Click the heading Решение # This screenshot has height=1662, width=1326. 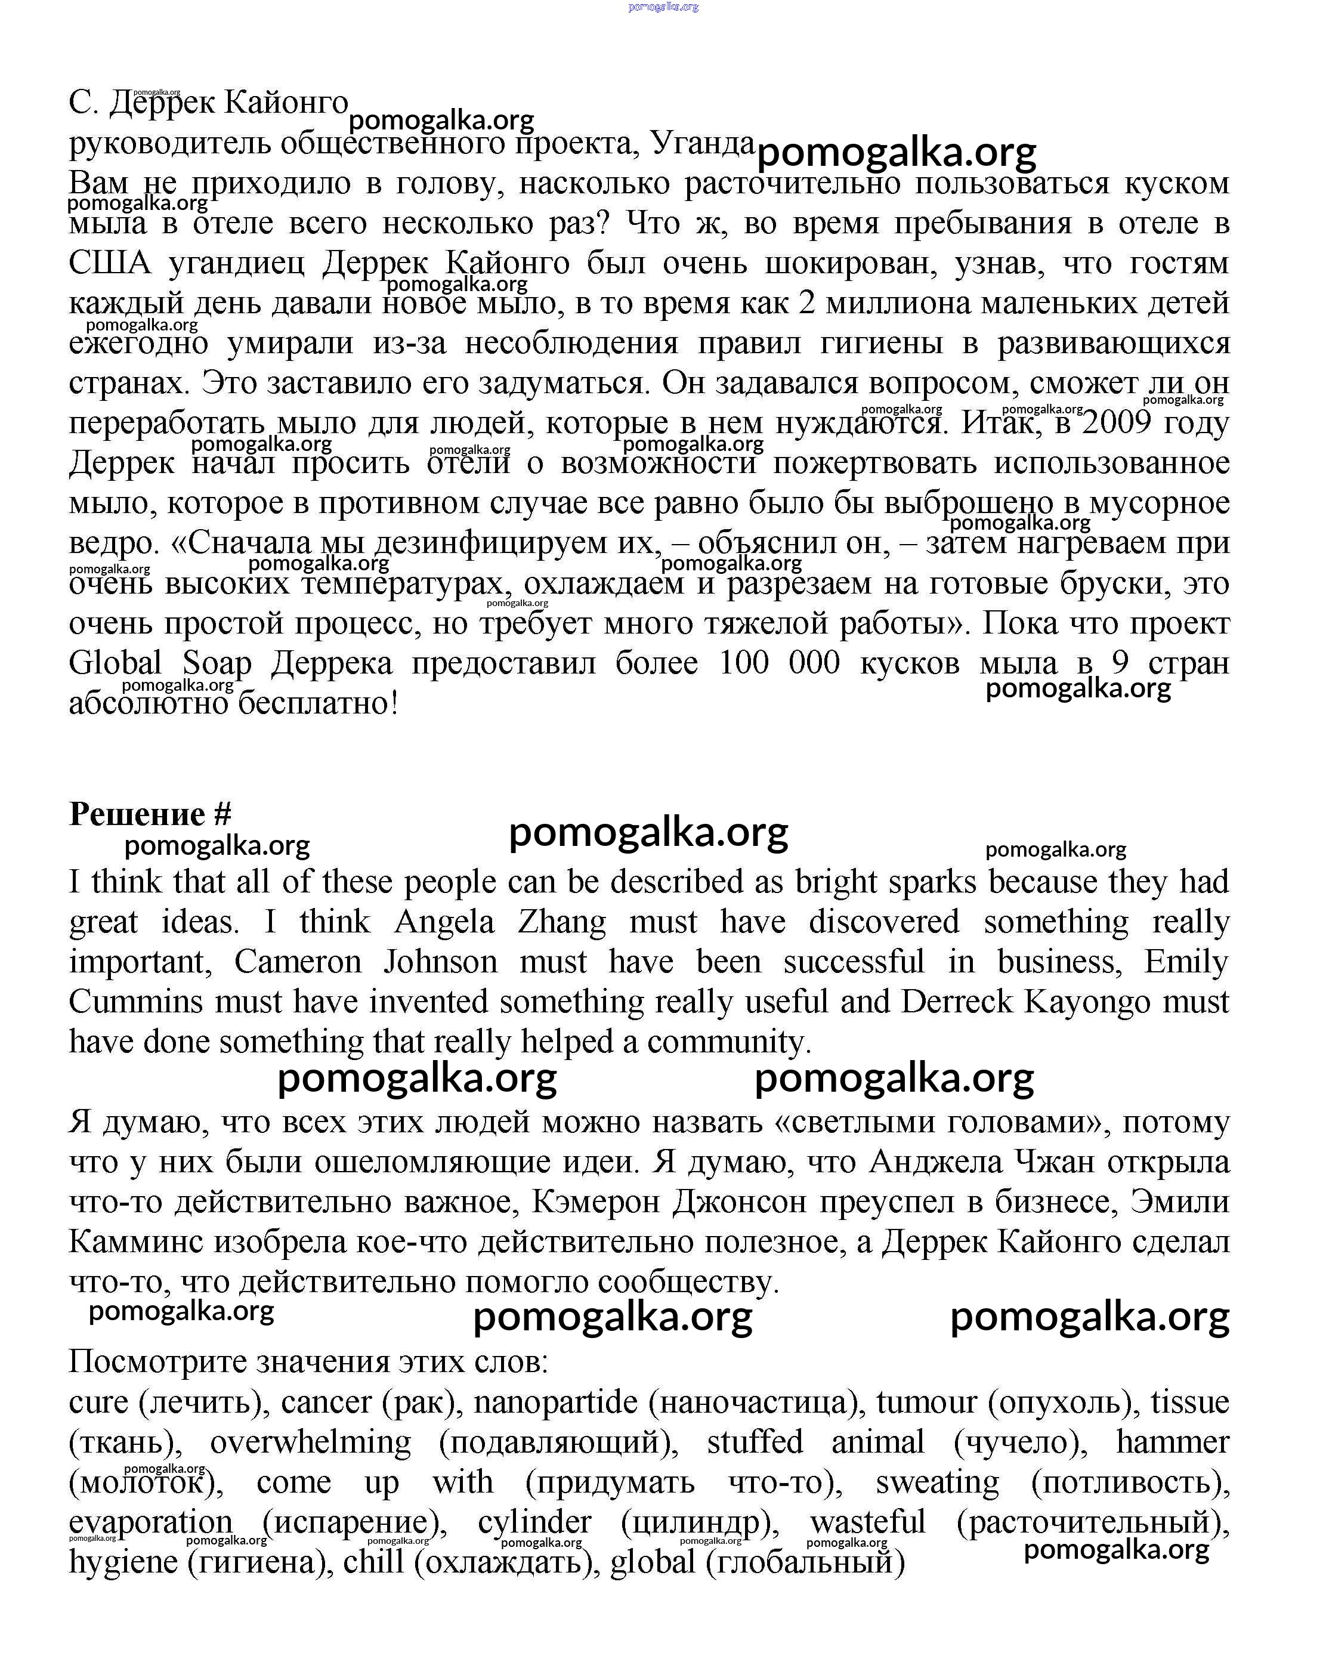click(x=150, y=814)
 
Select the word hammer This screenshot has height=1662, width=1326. click(x=1172, y=1442)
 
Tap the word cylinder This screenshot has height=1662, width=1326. click(x=534, y=1522)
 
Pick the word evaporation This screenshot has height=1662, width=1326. click(x=150, y=1522)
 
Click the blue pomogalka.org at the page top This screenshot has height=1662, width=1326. click(x=663, y=7)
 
